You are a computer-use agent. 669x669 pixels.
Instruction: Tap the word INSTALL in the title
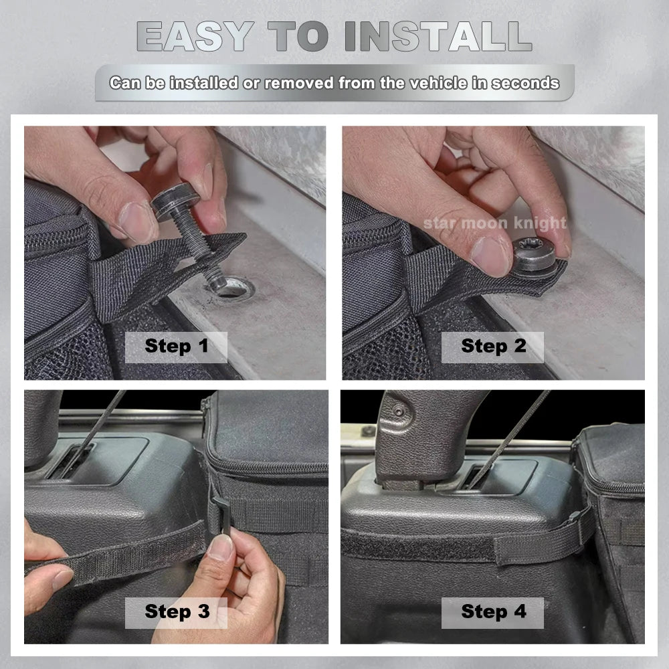pyautogui.click(x=439, y=37)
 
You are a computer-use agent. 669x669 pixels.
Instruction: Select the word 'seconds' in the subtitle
pyautogui.click(x=525, y=83)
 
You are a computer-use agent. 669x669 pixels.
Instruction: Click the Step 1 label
pyautogui.click(x=176, y=346)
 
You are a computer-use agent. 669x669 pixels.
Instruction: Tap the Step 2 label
pyautogui.click(x=493, y=346)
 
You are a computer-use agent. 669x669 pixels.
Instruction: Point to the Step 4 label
pyautogui.click(x=494, y=611)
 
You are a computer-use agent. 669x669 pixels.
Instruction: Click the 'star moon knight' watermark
pyautogui.click(x=494, y=223)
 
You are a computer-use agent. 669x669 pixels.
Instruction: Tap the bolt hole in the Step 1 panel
pyautogui.click(x=233, y=288)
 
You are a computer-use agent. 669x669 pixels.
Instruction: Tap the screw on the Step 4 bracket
pyautogui.click(x=399, y=411)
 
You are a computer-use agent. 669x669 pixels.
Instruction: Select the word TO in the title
pyautogui.click(x=298, y=37)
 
